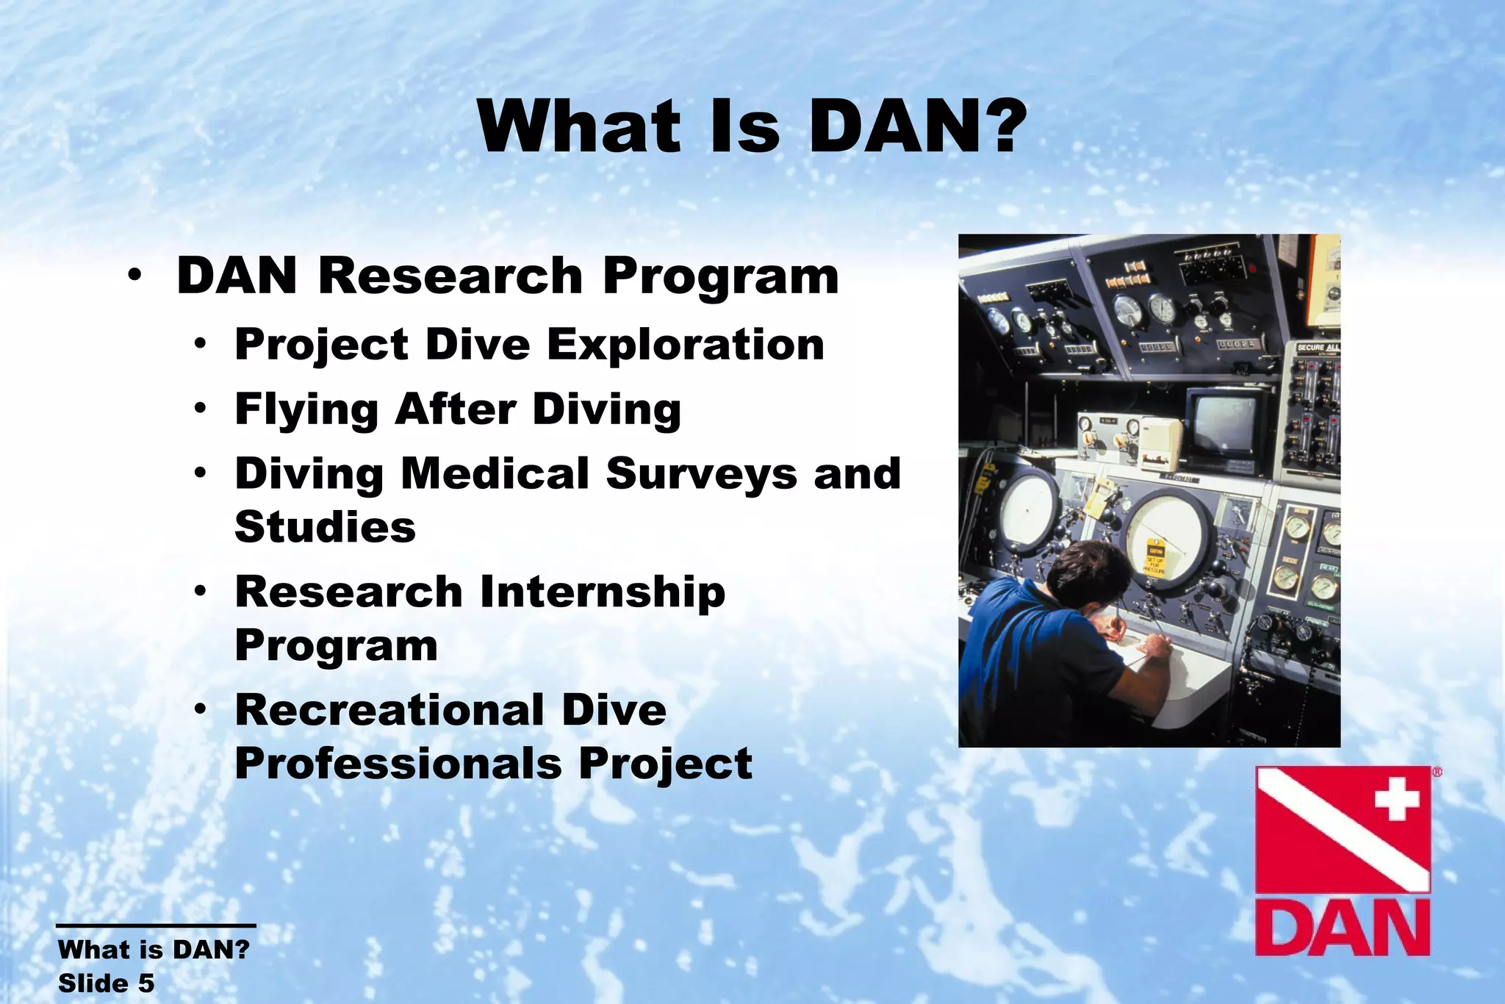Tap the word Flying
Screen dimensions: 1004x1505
click(306, 409)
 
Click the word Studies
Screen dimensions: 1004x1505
click(325, 527)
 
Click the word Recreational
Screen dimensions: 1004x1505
click(389, 710)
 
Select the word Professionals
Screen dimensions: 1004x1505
click(398, 764)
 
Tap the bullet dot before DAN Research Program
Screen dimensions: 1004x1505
click(134, 277)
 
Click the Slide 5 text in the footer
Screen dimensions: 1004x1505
click(107, 983)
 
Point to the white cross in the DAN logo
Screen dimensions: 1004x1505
click(1396, 798)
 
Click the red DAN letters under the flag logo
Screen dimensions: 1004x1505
click(1342, 928)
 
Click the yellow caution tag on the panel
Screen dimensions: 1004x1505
click(1156, 558)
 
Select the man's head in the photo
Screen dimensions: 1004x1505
click(1088, 573)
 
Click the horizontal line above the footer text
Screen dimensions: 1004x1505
click(156, 926)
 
